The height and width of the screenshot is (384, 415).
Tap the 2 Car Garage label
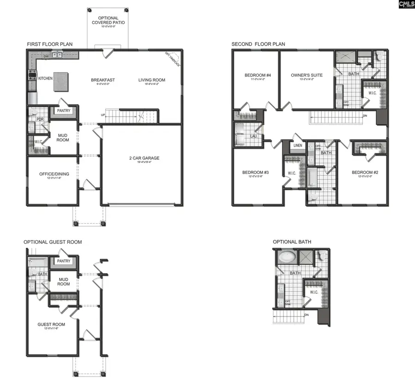point(144,158)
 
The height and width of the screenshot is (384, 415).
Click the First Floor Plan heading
point(49,44)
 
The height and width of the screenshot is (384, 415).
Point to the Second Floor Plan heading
point(258,44)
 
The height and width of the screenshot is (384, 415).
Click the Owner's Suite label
point(307,75)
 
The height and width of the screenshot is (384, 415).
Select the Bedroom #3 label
point(255,173)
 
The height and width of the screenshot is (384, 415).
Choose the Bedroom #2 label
point(365,173)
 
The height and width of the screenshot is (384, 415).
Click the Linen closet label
point(297,146)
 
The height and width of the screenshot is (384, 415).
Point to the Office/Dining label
point(54,174)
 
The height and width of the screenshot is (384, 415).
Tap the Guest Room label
point(51,324)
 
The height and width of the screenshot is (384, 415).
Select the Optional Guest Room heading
point(53,242)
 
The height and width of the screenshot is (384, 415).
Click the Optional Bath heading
point(291,242)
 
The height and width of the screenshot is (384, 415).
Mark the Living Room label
point(152,80)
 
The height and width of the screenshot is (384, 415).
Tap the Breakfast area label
point(103,80)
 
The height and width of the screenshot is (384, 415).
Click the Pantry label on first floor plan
point(64,111)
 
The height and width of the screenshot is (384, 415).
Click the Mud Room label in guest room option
point(64,281)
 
